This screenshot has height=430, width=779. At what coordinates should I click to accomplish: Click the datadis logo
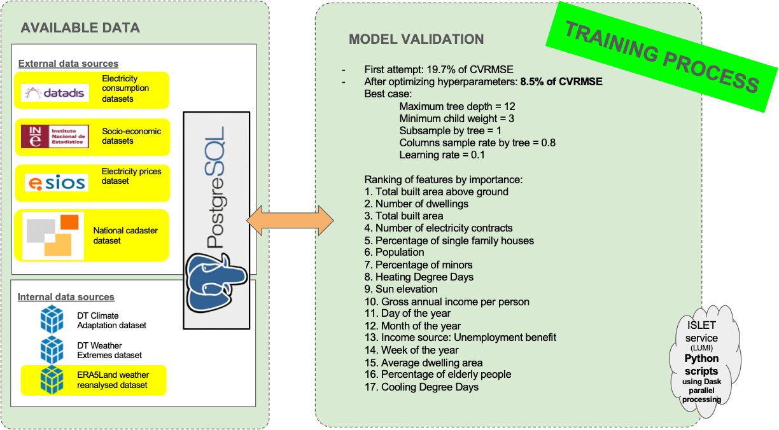pyautogui.click(x=55, y=93)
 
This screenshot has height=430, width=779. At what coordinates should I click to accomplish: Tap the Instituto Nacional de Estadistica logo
pyautogui.click(x=55, y=136)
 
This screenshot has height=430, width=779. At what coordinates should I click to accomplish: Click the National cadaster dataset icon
pyautogui.click(x=53, y=236)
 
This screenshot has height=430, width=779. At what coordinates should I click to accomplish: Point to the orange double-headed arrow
pyautogui.click(x=290, y=221)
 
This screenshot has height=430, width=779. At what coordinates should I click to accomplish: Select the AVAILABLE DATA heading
pyautogui.click(x=80, y=28)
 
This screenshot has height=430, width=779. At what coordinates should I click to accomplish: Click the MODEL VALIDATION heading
pyautogui.click(x=416, y=39)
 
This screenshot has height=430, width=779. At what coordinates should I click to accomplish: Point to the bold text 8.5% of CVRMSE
pyautogui.click(x=561, y=81)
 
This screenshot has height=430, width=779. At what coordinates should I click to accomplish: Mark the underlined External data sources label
pyautogui.click(x=68, y=64)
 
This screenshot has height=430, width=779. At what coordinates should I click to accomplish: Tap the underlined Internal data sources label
pyautogui.click(x=66, y=297)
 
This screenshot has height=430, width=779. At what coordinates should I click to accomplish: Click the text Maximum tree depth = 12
pyautogui.click(x=457, y=106)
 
